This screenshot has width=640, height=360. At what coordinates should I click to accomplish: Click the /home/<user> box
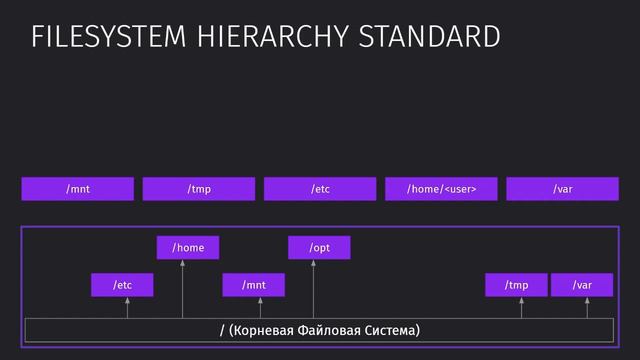[x=440, y=188]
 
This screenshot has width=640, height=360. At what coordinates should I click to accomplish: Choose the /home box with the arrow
[x=188, y=247]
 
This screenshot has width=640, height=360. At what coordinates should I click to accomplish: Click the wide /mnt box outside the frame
[x=78, y=188]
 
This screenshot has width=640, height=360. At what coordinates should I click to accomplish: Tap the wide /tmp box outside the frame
[x=199, y=188]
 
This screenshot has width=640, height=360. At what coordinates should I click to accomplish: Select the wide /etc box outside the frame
[x=320, y=188]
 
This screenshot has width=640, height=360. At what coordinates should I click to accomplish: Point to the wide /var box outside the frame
[x=562, y=188]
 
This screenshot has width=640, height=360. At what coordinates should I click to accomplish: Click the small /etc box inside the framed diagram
[x=122, y=285]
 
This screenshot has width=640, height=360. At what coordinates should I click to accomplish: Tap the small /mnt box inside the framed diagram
[x=254, y=285]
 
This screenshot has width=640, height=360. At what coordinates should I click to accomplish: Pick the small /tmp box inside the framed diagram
[x=516, y=285]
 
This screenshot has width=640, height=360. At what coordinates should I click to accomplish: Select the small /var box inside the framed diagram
[x=582, y=285]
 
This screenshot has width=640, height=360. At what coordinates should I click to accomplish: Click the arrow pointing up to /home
[x=183, y=290]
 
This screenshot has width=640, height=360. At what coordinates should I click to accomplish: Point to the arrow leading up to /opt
[x=313, y=290]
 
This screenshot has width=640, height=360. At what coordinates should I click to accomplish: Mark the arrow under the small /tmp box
[x=521, y=308]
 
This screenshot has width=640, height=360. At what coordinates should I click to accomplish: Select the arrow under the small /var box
[x=587, y=308]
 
